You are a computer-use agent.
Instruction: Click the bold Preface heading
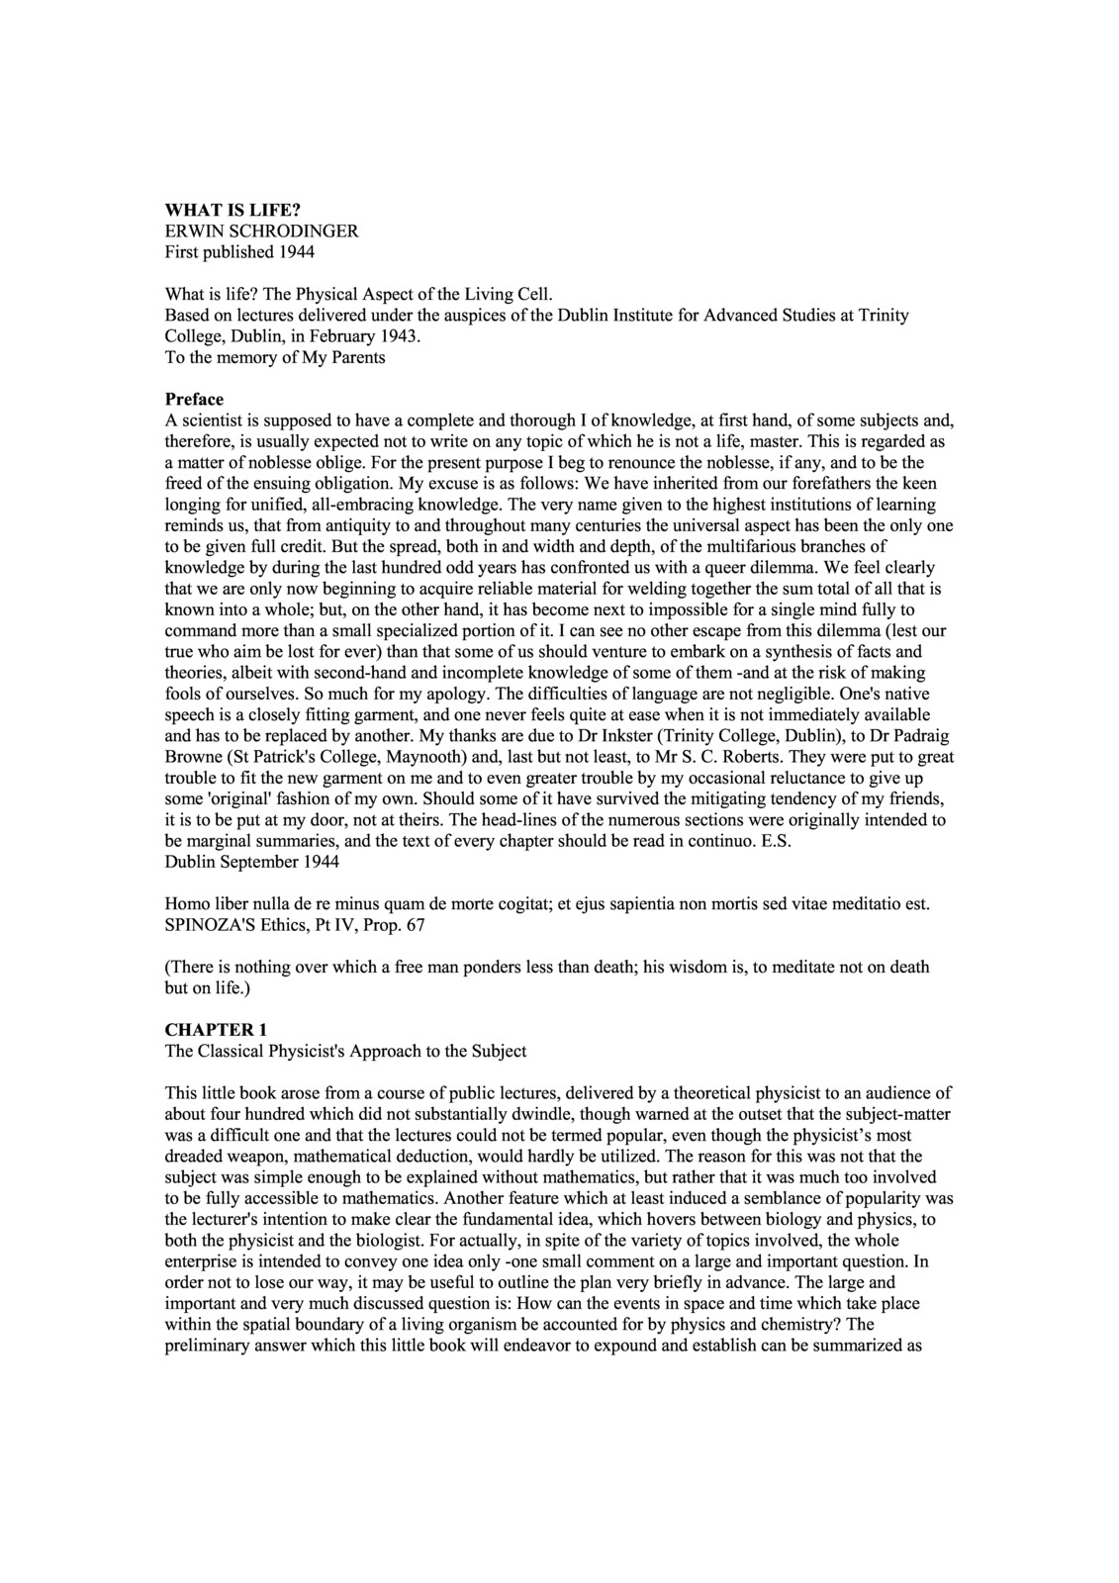194,400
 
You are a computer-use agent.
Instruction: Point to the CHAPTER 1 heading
216,1030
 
